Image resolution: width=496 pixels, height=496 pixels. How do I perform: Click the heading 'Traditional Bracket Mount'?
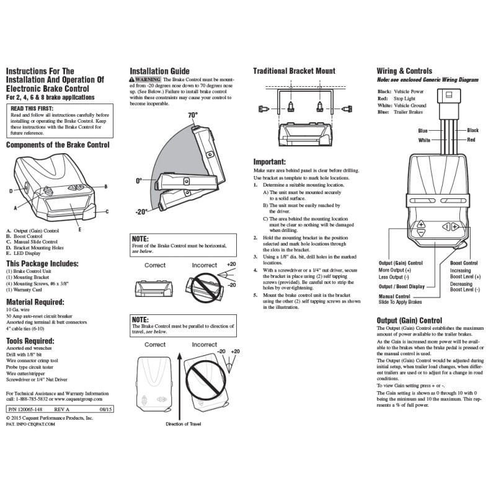pos(294,72)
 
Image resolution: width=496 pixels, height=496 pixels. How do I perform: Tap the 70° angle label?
pos(193,116)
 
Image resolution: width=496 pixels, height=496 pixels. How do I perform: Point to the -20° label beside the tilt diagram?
pos(141,211)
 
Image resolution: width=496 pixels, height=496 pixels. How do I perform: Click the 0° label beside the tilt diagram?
pos(139,180)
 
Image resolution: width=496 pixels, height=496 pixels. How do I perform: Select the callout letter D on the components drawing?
pos(11,190)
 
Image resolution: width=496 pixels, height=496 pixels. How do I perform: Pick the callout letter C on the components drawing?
pos(107,211)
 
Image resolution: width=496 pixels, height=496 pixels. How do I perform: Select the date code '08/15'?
pos(105,410)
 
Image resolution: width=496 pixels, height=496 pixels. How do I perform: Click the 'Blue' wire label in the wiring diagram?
pos(423,131)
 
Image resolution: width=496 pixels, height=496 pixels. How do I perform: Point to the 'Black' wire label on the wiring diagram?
pos(472,130)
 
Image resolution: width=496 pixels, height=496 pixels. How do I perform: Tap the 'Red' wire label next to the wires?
pos(471,140)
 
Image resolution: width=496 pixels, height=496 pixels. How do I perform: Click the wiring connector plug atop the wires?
pos(448,99)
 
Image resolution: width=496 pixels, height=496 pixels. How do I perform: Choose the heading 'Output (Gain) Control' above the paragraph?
pos(409,320)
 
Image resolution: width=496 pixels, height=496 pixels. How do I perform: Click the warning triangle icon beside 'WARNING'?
pos(133,81)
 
